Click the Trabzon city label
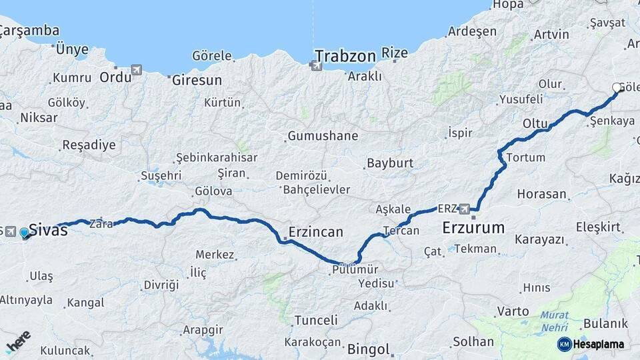coord(345,55)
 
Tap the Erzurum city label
coord(473,229)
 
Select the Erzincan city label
coord(316,232)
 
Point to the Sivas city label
coord(49,231)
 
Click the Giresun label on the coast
coord(197,80)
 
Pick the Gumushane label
coord(323,136)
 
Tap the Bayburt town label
coord(390,163)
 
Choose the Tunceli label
coord(316,319)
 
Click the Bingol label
coord(368,349)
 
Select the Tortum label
coord(526,158)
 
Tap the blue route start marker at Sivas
coord(25,233)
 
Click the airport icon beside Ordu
coord(137,69)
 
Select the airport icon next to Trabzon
coord(315,65)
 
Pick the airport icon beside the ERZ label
coord(465,208)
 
